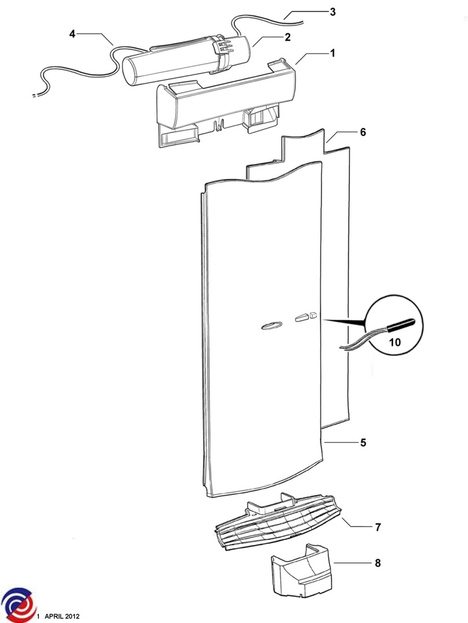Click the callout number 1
pos(333,53)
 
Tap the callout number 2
pos(288,37)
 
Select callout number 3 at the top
pos(332,12)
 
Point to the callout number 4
pos(72,34)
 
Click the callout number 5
pos(363,442)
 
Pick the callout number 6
pos(363,132)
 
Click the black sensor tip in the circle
pos(400,324)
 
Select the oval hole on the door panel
pos(271,326)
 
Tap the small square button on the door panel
pos(313,315)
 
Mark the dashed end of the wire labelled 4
pos(35,96)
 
